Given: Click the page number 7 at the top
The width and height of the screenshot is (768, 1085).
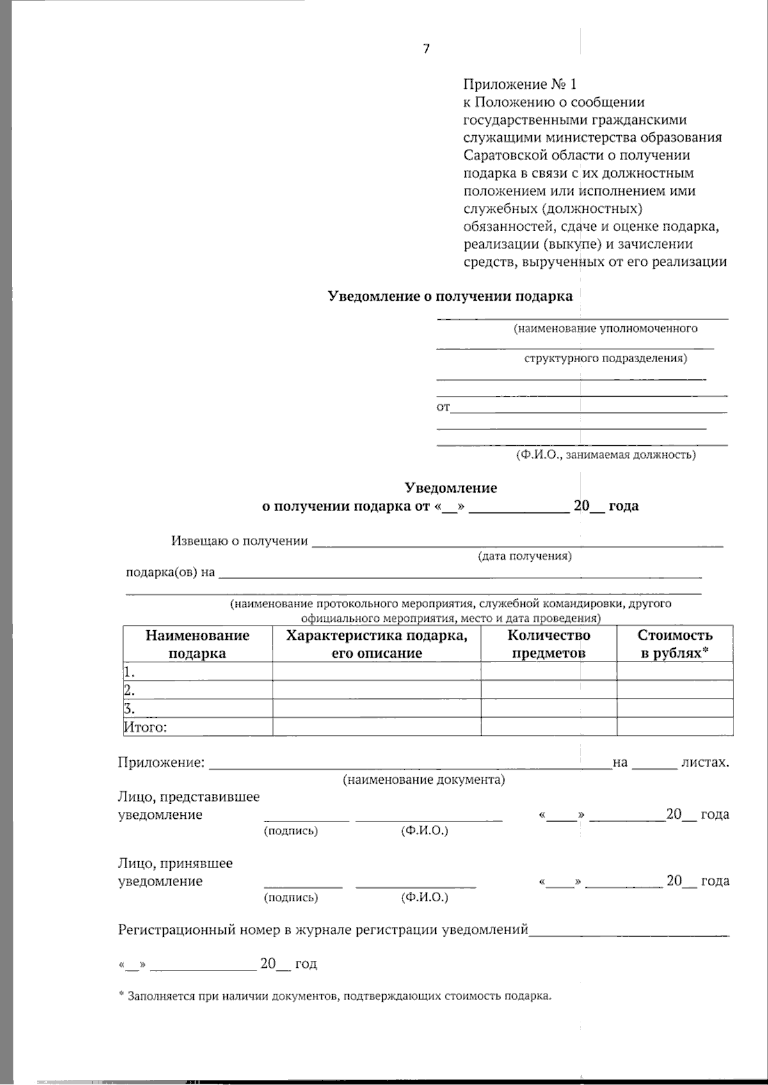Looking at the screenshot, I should point(426,49).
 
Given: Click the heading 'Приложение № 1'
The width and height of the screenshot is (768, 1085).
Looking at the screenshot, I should point(520,84).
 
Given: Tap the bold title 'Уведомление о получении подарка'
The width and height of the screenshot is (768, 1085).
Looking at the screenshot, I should point(450,296).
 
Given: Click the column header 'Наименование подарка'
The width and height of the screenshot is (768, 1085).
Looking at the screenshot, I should point(197,644).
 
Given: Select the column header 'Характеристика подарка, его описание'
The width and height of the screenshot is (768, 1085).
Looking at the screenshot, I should point(376,644).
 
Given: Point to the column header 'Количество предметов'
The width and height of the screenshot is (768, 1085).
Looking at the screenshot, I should point(548,644).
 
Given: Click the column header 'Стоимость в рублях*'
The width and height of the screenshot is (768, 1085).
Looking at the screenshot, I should point(675,644).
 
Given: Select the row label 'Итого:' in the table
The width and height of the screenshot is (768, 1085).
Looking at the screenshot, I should point(145,727).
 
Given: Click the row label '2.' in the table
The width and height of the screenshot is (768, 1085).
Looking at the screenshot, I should point(129,690).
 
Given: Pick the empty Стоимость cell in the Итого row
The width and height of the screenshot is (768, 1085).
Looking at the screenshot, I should point(675,727).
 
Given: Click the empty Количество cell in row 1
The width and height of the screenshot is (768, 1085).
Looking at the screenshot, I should point(548,671).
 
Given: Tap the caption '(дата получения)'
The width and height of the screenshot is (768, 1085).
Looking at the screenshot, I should point(525,556).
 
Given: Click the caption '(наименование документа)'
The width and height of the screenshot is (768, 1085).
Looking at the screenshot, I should point(424,780).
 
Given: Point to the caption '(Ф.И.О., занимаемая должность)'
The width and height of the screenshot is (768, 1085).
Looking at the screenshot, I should point(605,455).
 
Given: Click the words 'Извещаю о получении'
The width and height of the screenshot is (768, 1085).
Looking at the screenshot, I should point(239,541).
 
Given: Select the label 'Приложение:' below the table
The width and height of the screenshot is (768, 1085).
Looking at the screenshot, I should point(161,762).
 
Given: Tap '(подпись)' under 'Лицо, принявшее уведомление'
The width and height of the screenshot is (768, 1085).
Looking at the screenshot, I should point(291,897).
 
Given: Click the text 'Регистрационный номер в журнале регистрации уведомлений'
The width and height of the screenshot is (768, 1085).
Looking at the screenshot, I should point(323,930).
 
